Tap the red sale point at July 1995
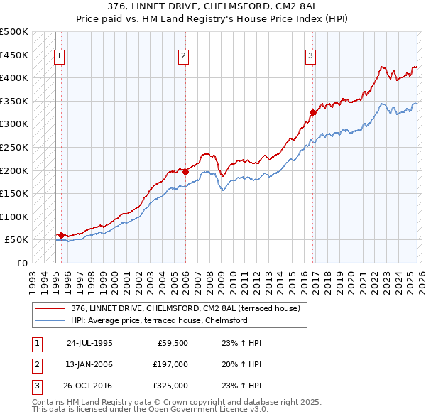pos(61,235)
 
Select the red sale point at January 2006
pos(185,171)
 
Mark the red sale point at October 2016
pos(312,111)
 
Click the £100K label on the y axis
pos(14,217)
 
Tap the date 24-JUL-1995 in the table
pos(89,342)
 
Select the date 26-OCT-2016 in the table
pos(89,386)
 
